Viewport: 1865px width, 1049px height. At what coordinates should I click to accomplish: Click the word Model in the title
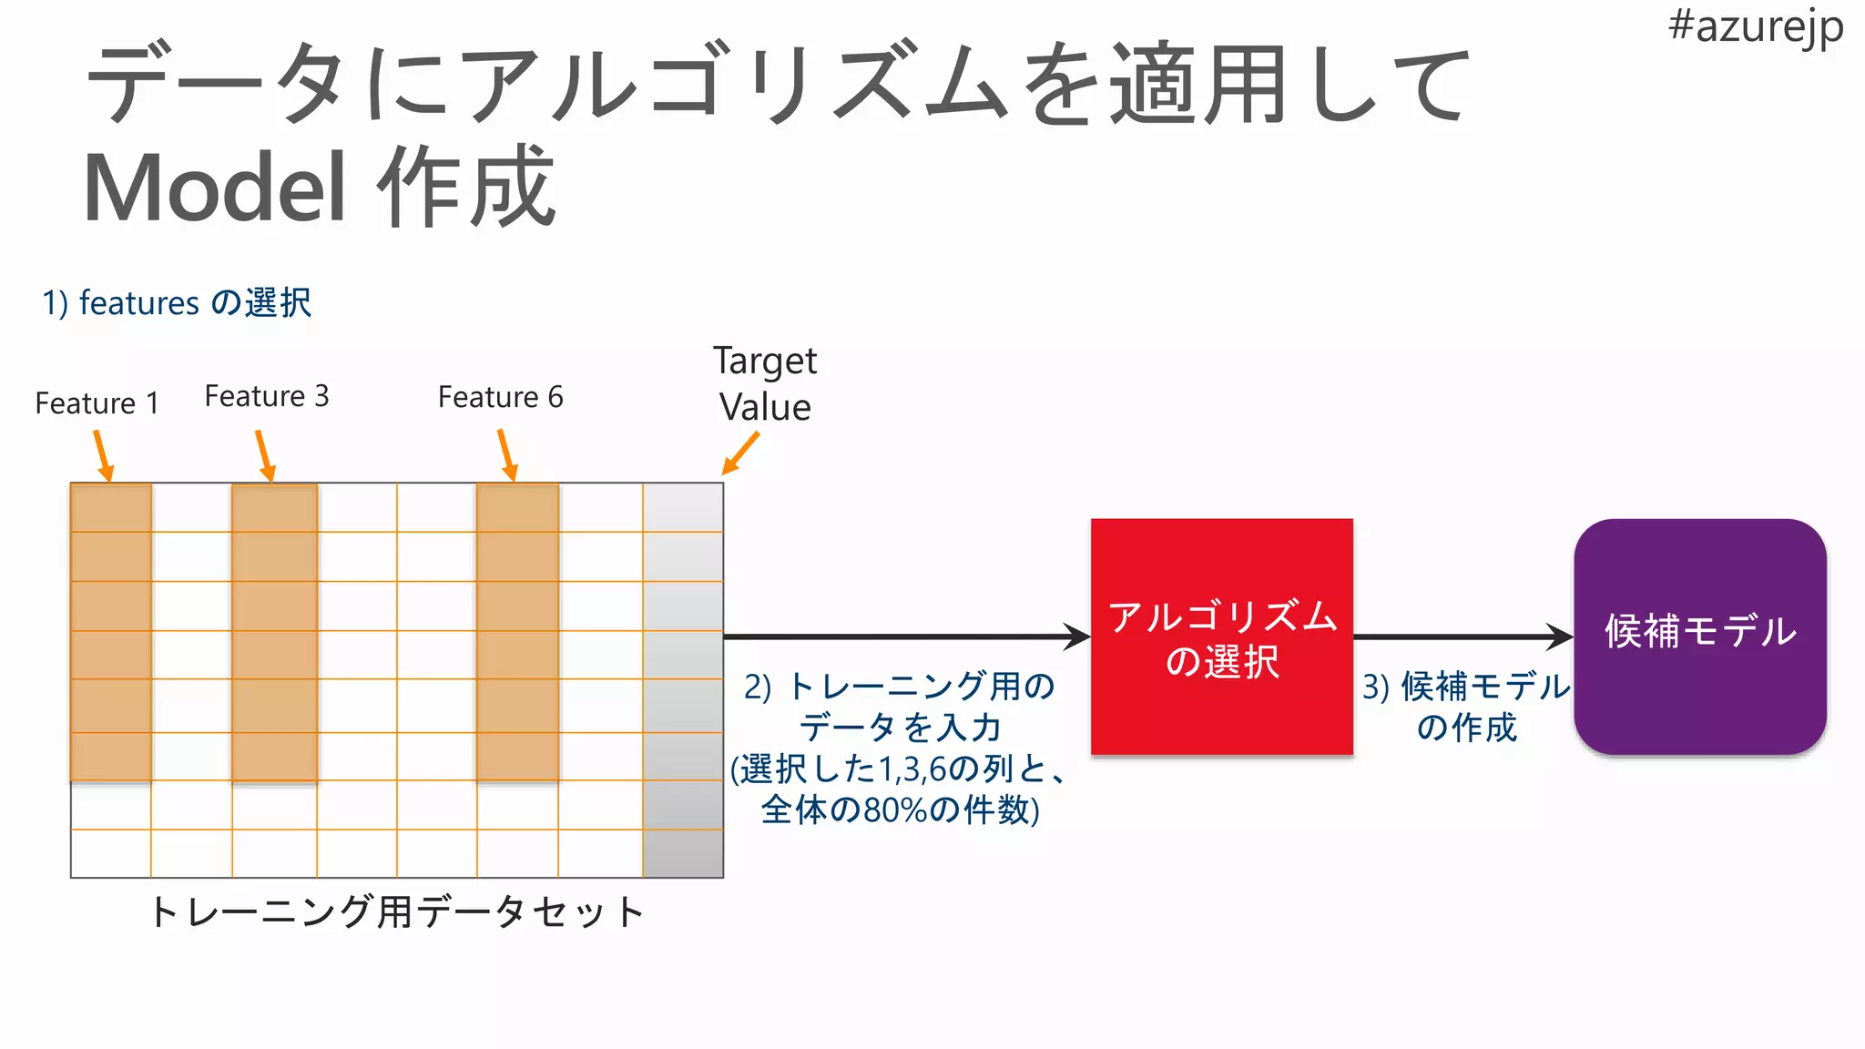215,188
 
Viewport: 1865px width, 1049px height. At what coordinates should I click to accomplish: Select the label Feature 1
97,402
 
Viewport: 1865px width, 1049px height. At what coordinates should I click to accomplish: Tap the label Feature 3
267,396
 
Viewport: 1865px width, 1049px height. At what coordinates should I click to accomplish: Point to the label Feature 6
501,397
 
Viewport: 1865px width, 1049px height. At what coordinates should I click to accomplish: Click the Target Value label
765,384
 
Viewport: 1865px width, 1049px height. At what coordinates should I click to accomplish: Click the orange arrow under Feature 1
103,455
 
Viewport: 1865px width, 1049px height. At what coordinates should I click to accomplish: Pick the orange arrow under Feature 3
265,455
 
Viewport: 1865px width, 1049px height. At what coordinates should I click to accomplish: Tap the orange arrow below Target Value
740,453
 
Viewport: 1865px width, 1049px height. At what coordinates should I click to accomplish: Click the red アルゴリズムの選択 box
1221,637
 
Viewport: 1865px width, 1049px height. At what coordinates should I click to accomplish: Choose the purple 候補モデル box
1700,637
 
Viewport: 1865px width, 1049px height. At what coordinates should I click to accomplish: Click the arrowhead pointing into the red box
1078,637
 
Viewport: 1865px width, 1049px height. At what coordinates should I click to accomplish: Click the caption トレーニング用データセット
397,912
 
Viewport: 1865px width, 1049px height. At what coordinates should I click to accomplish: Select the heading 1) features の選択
177,302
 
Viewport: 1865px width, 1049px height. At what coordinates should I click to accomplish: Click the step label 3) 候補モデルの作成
1466,707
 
